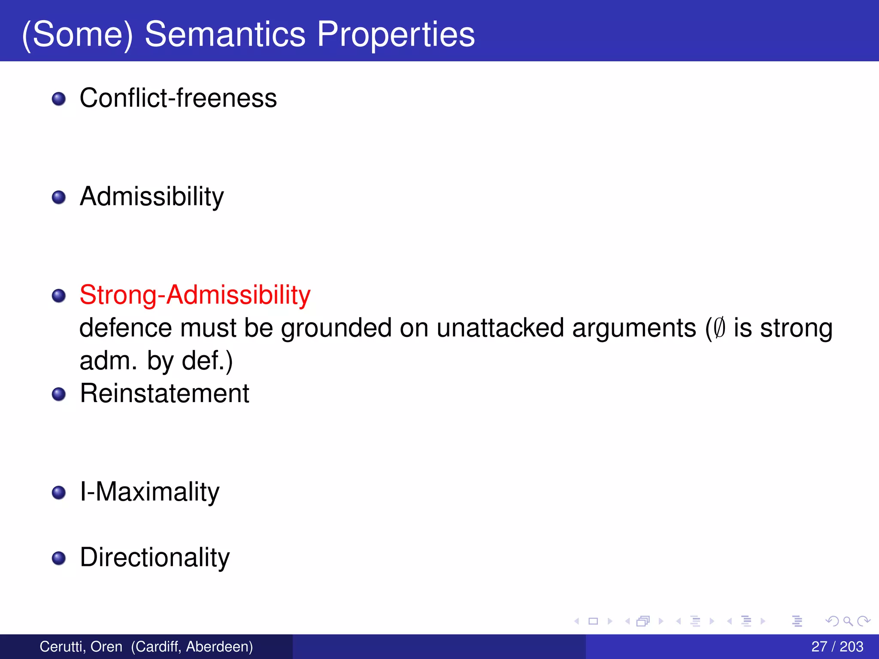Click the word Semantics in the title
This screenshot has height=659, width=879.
click(225, 34)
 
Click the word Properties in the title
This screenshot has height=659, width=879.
click(396, 34)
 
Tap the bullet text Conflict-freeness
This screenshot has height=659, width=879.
click(178, 98)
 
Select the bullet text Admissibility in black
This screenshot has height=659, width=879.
click(152, 196)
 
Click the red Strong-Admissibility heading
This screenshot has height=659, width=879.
click(195, 295)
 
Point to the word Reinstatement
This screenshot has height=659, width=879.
click(164, 393)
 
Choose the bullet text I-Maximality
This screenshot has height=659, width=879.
click(149, 492)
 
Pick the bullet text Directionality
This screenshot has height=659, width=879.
click(155, 557)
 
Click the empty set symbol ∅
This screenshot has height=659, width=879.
click(720, 328)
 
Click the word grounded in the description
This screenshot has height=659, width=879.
click(336, 328)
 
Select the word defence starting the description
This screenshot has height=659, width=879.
click(126, 328)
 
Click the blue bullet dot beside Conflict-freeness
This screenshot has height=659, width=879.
click(59, 99)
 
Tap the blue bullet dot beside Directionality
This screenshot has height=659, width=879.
click(59, 558)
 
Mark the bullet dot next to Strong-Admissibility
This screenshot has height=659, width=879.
click(59, 296)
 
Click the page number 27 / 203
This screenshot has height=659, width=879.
click(837, 647)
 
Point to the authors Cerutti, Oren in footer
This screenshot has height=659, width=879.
click(81, 647)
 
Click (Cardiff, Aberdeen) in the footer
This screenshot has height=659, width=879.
click(192, 647)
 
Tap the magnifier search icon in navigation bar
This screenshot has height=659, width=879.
click(848, 621)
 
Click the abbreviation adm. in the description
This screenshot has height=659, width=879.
click(108, 361)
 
